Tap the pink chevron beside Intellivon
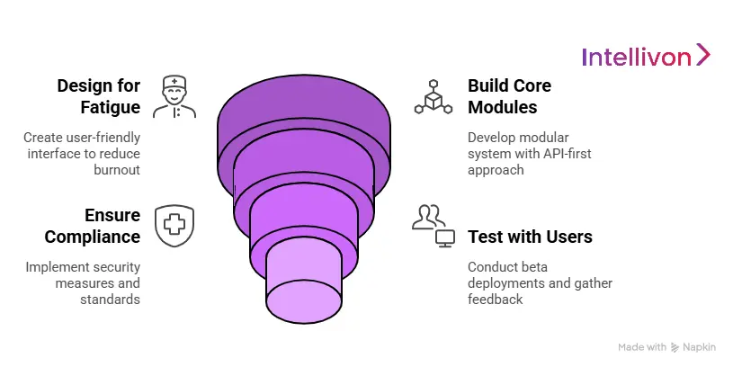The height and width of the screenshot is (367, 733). coord(703,55)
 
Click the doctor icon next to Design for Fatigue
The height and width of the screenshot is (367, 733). coord(174,97)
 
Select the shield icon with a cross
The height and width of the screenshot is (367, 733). coord(174,226)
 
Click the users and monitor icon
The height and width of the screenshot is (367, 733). coord(433,226)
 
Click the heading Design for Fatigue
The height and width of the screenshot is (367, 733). coord(98,97)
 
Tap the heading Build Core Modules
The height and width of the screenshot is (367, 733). coord(509,97)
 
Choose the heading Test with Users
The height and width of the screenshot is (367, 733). coord(530,237)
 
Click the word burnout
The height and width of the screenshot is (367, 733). coord(117,168)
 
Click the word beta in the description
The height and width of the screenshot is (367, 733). coord(541,267)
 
